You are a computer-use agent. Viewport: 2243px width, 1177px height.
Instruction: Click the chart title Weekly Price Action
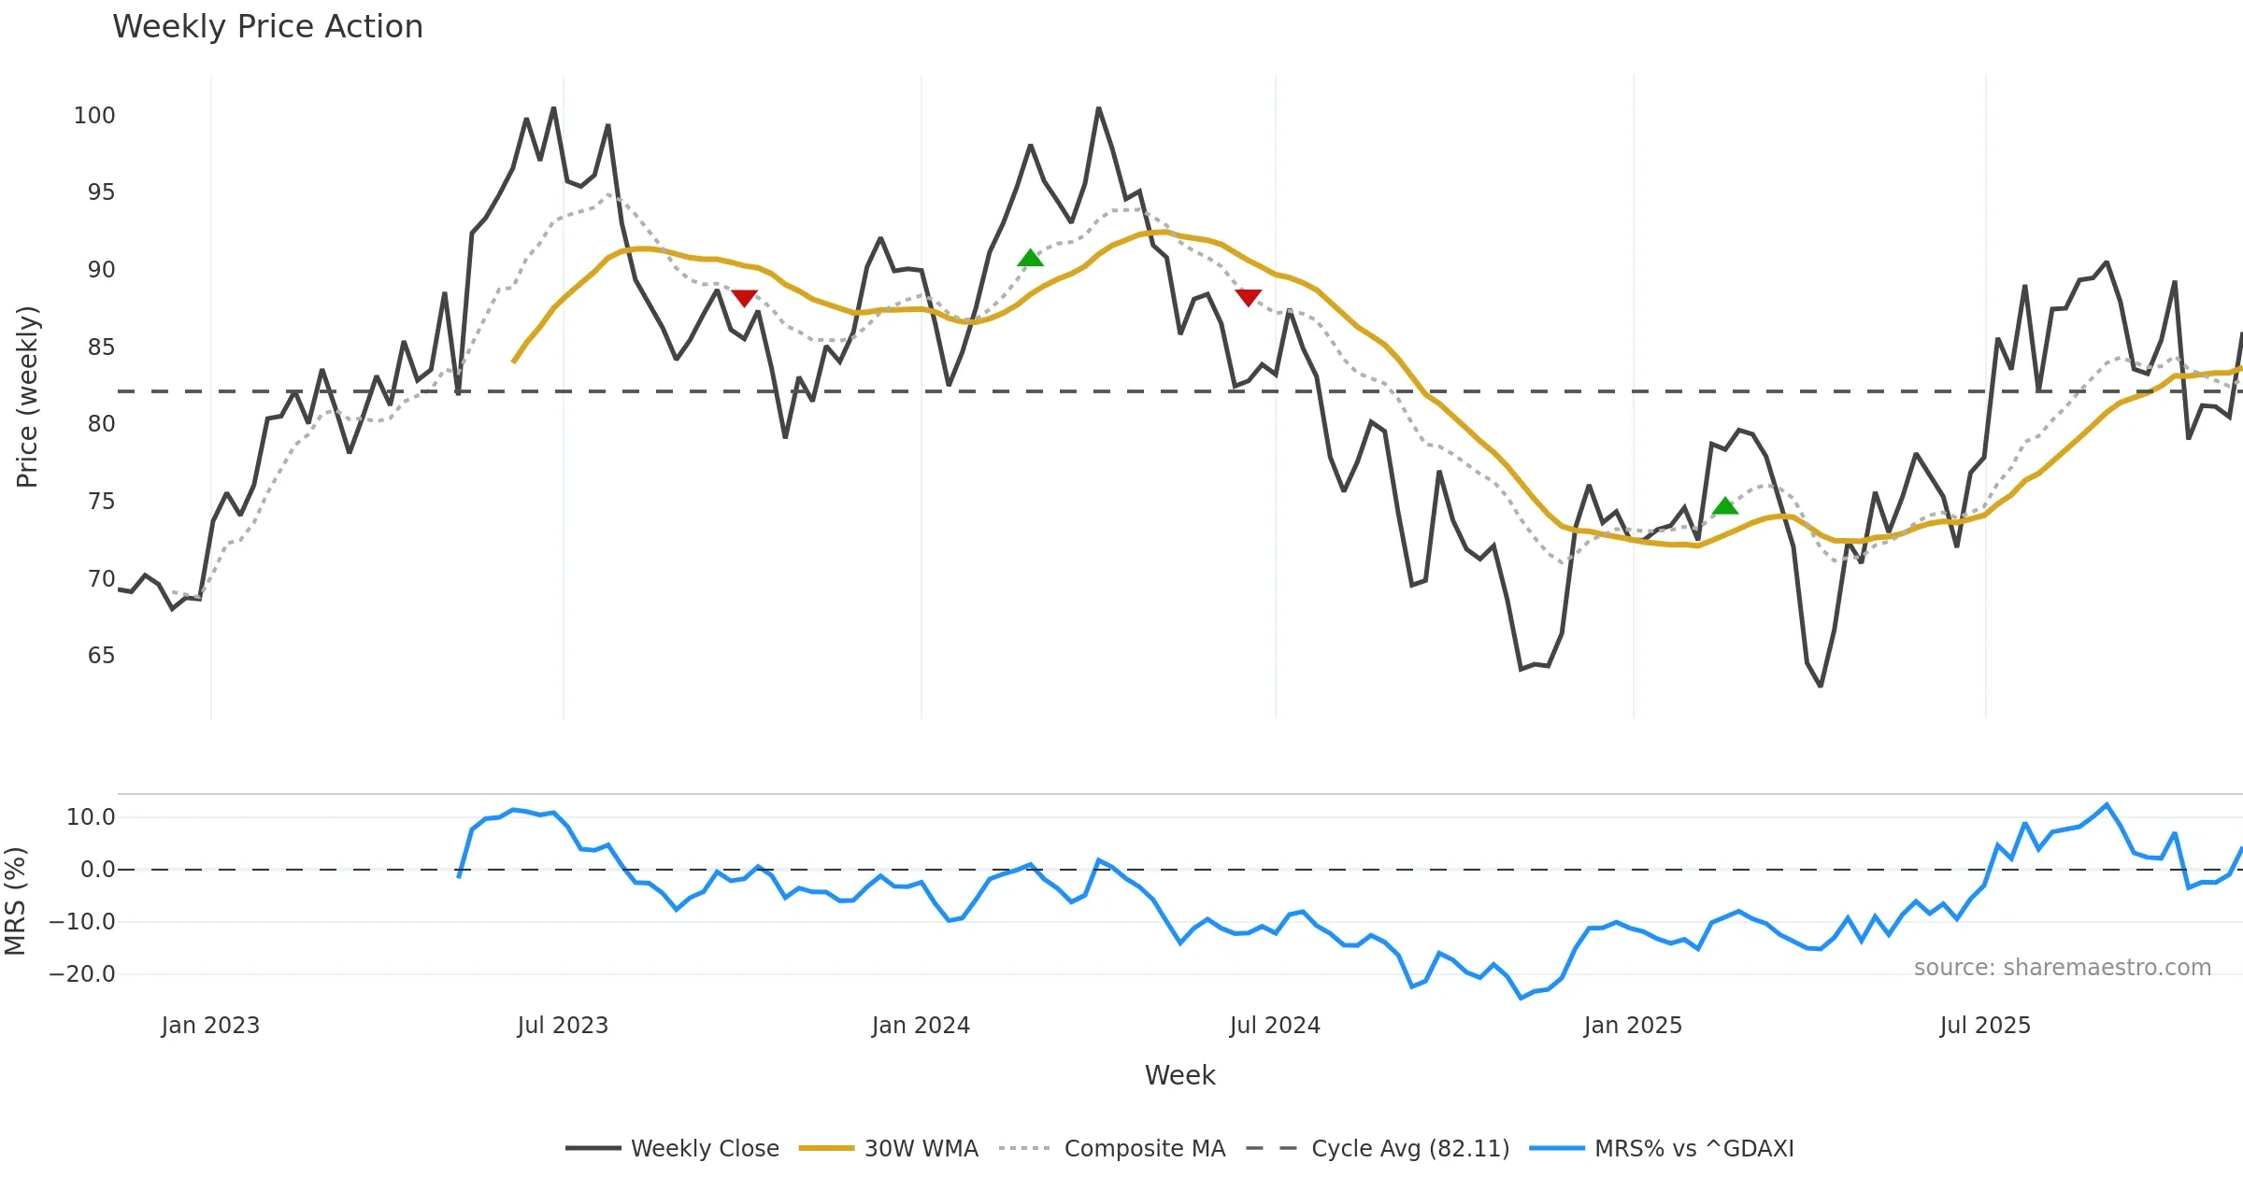(267, 27)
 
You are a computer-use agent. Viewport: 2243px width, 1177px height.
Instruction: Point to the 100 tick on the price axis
(94, 116)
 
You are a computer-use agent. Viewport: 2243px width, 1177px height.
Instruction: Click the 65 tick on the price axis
(101, 656)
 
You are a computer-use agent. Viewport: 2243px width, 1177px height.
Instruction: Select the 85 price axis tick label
(101, 347)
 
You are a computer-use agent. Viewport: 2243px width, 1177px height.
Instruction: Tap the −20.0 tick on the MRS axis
(82, 974)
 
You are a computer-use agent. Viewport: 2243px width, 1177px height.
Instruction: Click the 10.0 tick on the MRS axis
(91, 817)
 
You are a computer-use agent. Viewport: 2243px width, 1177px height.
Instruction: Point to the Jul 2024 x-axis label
(1275, 1026)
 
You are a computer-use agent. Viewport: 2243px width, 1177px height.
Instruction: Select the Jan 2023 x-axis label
(210, 1026)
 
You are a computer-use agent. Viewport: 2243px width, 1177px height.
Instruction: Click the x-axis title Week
(1179, 1076)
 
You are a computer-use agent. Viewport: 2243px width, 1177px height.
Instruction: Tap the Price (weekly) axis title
(27, 397)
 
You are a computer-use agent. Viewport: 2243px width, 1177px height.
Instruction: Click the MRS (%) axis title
(15, 901)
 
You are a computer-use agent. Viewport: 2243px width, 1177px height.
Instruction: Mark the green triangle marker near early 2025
(1725, 506)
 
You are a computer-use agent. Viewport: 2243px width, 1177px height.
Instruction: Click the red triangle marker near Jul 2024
(1248, 297)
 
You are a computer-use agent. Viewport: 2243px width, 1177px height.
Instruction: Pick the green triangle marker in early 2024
(1030, 258)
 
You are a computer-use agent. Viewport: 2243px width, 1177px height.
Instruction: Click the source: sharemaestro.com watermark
(2062, 968)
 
